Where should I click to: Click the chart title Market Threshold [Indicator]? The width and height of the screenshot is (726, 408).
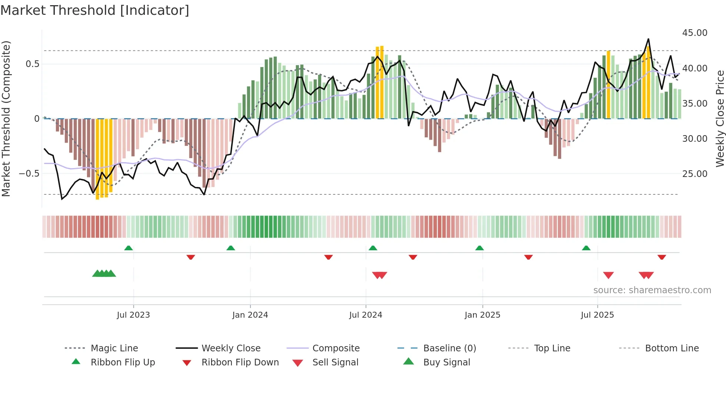click(x=95, y=10)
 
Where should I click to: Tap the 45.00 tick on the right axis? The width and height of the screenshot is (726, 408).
click(x=695, y=33)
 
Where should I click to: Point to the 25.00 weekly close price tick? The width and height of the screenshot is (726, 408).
click(x=695, y=174)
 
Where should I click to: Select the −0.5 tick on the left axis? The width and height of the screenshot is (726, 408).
click(x=29, y=173)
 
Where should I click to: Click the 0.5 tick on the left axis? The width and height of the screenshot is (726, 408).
click(x=32, y=64)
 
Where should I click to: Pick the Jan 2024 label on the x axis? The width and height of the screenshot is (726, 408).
click(x=250, y=315)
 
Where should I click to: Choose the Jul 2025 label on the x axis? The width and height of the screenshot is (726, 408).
click(x=597, y=315)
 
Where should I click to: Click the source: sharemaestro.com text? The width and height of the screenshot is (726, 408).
click(x=652, y=290)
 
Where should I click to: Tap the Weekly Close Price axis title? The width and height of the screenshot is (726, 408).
click(x=720, y=118)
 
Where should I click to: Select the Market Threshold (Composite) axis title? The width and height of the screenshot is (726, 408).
click(x=6, y=118)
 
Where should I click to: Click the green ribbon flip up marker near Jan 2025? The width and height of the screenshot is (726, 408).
click(x=480, y=248)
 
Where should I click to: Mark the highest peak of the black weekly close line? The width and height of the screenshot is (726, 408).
click(x=648, y=39)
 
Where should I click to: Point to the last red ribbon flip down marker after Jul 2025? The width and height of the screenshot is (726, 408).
click(x=662, y=257)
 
